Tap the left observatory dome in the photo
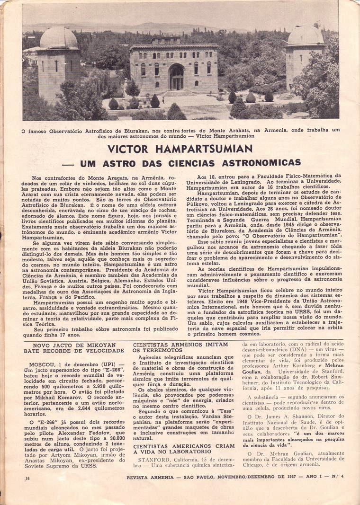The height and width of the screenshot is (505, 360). [59, 38]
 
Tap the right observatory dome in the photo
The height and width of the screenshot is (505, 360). [306, 35]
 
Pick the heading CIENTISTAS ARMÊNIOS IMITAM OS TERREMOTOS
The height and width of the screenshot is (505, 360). [180, 348]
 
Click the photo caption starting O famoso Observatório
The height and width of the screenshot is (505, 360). [180, 132]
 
